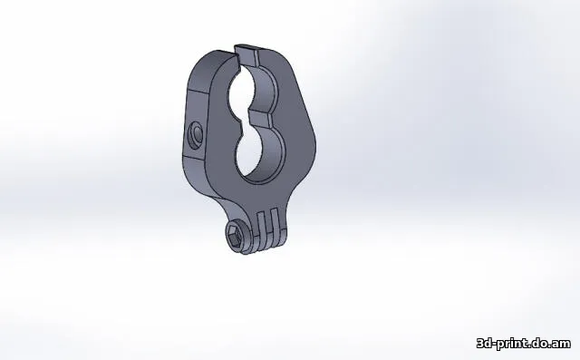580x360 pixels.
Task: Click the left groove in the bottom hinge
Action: pyautogui.click(x=262, y=223)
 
